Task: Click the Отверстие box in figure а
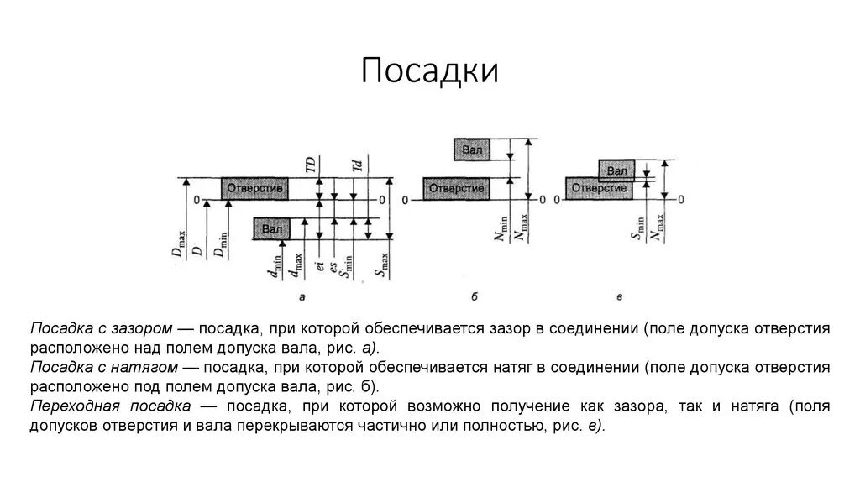click(x=255, y=189)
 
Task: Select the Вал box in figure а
click(x=271, y=228)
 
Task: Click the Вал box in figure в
click(x=616, y=170)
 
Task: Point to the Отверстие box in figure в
click(x=599, y=189)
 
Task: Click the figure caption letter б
click(x=475, y=296)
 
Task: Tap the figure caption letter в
click(x=619, y=296)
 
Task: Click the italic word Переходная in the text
click(x=69, y=406)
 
